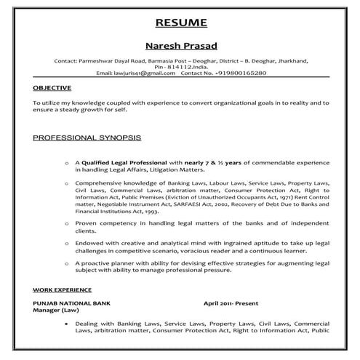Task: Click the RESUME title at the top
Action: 180,22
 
